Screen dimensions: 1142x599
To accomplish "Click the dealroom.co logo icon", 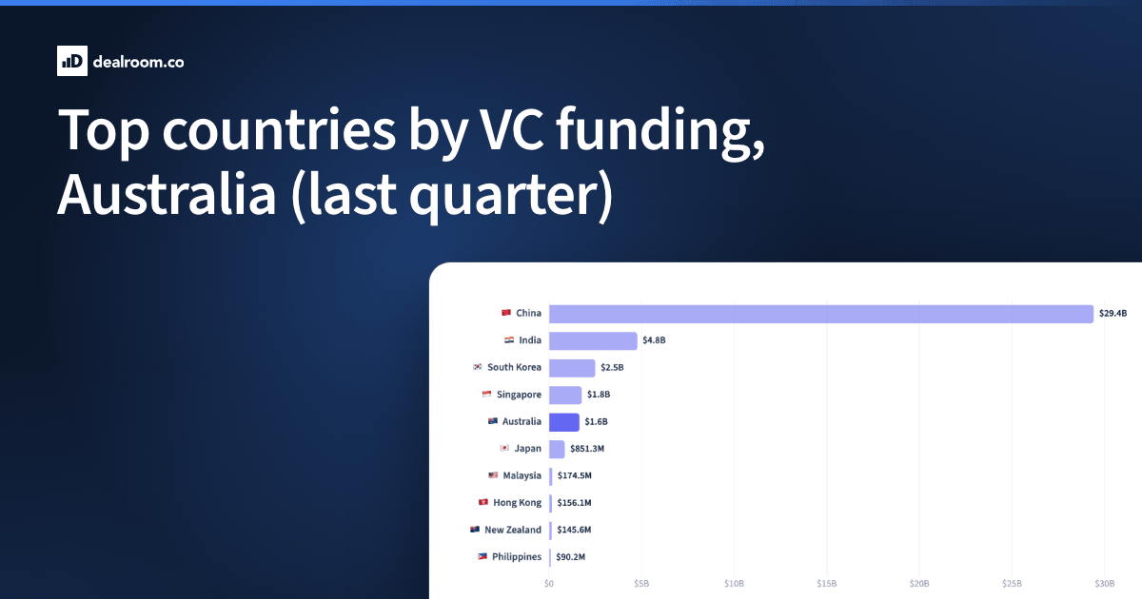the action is coord(72,61).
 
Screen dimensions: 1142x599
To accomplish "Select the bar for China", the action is coord(820,314).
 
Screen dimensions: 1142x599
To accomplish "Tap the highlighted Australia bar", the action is coord(563,422).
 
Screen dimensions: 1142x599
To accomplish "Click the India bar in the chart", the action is coord(593,340).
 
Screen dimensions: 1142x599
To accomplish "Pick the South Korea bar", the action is coord(572,368).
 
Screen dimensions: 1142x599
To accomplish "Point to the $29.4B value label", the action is coord(1112,313).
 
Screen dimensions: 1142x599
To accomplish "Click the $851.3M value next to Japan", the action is coord(587,449).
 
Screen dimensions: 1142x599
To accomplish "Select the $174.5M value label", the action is coord(575,475).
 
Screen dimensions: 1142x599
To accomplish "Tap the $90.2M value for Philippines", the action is coord(570,557).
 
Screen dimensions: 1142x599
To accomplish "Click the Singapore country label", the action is coord(519,395).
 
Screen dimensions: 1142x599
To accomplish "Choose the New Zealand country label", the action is coord(513,530).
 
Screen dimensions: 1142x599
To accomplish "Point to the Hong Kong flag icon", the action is coord(483,502).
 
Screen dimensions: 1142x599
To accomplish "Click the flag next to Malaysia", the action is coord(493,475).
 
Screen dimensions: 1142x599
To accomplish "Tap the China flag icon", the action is coord(505,312).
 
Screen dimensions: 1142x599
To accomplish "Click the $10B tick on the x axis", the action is coord(734,584).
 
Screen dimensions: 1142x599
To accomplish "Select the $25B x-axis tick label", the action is coord(1012,584).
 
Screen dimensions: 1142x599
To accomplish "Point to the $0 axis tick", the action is coord(549,584).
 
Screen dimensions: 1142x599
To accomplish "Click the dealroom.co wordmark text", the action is coord(138,62).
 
